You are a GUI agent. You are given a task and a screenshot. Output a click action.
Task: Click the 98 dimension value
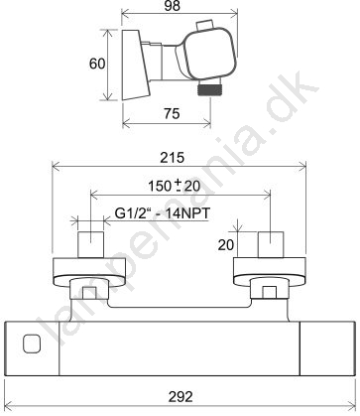173,6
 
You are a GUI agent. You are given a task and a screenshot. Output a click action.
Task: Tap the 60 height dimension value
97,64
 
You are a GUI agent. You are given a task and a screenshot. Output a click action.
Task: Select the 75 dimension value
172,113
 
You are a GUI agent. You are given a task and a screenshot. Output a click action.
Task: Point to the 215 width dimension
173,158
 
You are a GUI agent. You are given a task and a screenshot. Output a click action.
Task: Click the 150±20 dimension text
174,186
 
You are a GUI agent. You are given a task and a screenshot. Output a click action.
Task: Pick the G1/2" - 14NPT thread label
163,213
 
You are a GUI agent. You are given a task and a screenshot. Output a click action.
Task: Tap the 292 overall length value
180,396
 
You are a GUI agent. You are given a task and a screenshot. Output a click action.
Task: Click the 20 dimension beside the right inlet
226,245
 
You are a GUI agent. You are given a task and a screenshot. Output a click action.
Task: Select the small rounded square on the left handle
32,344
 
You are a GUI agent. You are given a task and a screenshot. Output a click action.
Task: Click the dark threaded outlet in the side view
209,89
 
